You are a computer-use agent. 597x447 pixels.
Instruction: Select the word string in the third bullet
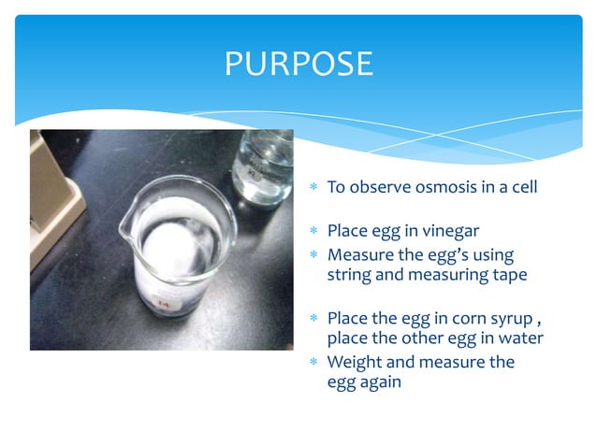point(348,275)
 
